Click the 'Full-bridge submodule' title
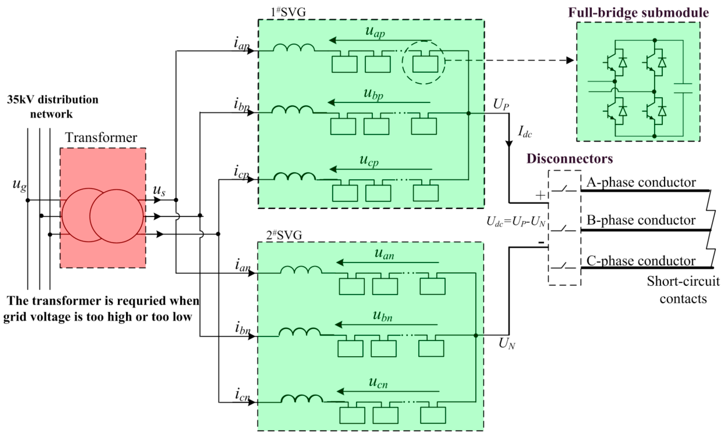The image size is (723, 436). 638,13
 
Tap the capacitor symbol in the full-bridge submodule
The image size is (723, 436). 683,88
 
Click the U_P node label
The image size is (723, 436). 501,104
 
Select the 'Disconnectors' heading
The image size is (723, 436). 569,159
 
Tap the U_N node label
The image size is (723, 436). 507,343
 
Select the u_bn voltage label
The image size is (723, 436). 382,316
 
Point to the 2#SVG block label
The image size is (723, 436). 284,236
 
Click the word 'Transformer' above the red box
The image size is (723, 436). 101,137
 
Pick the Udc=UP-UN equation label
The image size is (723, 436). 515,222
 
